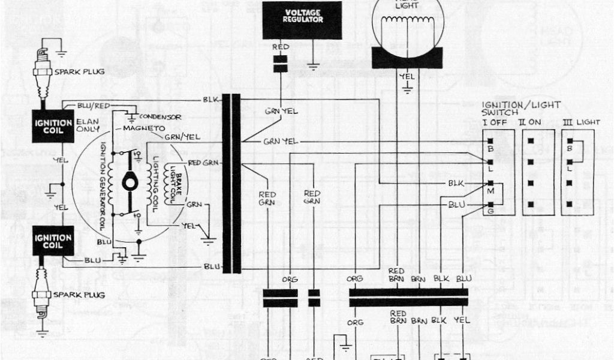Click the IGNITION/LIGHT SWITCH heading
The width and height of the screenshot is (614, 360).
click(521, 109)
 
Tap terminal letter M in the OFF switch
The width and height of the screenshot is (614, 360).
click(490, 191)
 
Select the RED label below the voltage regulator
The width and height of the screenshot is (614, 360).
click(279, 46)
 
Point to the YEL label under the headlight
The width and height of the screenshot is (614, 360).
click(407, 76)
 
